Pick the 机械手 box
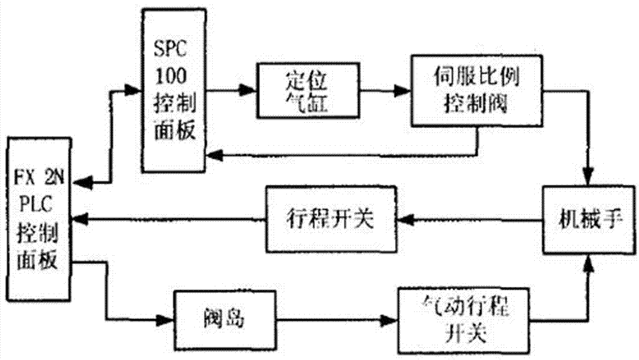pos(589,219)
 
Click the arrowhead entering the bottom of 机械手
pos(589,259)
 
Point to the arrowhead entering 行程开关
pos(402,219)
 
